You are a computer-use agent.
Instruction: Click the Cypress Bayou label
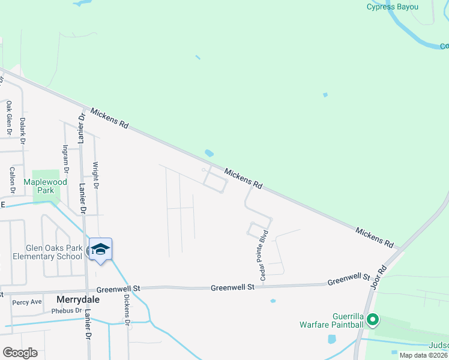[392, 7]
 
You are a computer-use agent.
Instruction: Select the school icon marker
[100, 250]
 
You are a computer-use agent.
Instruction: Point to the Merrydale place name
[77, 299]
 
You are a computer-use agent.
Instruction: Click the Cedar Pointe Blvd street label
[262, 252]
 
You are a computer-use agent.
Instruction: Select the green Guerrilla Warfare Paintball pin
[373, 320]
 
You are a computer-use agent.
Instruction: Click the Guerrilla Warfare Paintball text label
[331, 320]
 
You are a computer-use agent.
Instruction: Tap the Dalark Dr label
[22, 130]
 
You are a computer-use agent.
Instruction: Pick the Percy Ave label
[27, 302]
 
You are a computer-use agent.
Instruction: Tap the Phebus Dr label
[66, 311]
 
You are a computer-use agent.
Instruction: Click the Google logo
[20, 352]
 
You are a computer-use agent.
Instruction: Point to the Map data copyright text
[423, 355]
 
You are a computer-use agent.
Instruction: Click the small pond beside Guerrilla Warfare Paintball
[332, 339]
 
